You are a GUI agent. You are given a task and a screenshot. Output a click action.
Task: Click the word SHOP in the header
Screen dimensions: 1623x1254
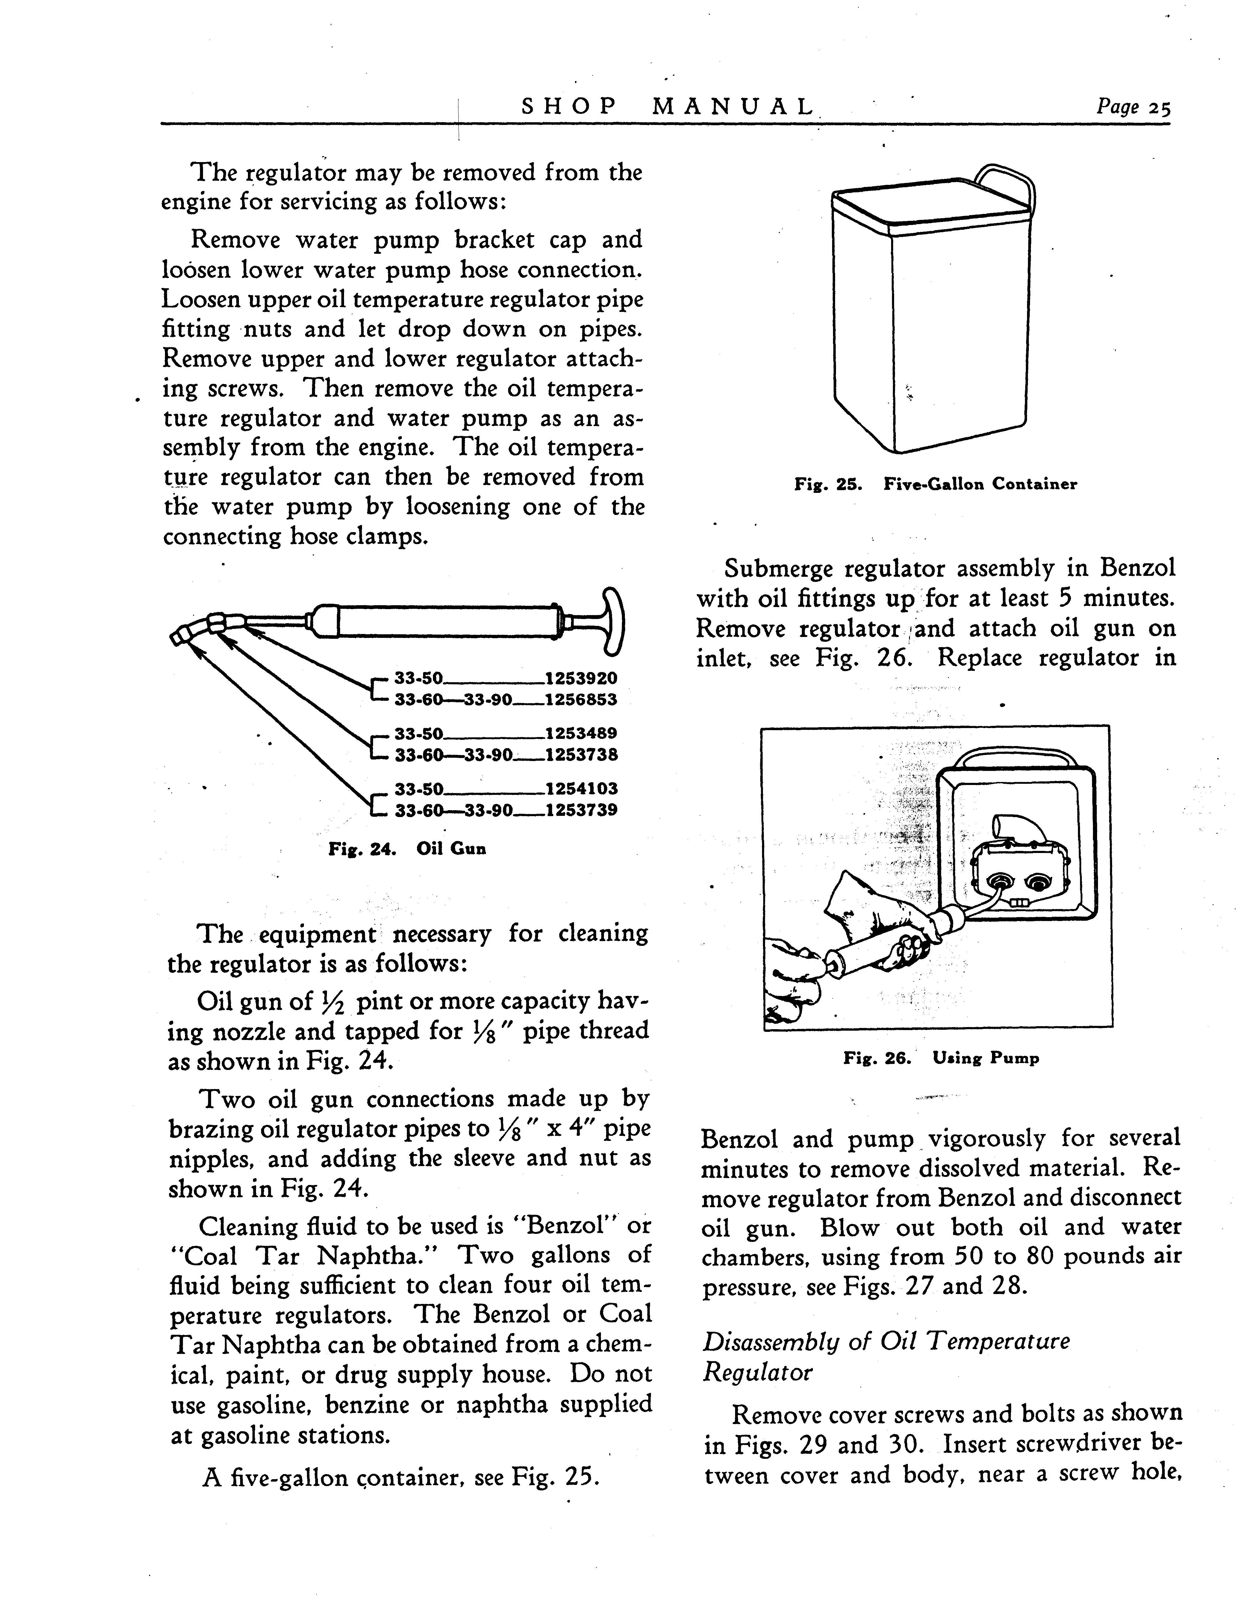[x=569, y=107]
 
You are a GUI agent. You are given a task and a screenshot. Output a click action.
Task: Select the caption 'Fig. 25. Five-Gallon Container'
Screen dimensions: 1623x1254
[x=935, y=484]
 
